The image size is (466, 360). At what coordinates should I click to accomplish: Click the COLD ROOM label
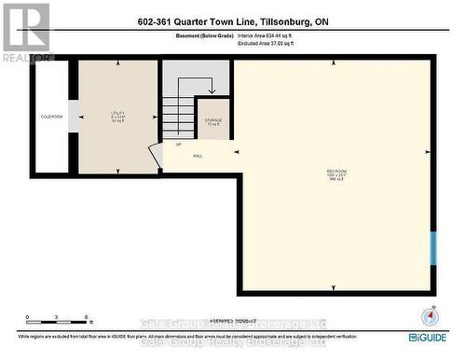(50, 116)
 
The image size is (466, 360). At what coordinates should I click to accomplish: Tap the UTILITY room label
(118, 116)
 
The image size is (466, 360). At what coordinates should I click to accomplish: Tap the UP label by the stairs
(177, 145)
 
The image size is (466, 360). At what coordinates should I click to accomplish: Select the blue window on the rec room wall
(432, 248)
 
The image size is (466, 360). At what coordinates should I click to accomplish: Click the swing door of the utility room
(155, 154)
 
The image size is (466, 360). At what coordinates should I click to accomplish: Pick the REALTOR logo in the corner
(25, 33)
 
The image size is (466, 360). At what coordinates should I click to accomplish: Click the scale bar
(56, 317)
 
